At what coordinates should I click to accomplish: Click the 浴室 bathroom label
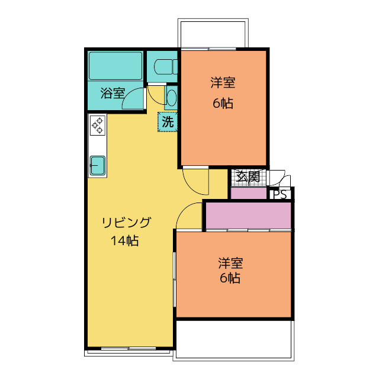click(112, 93)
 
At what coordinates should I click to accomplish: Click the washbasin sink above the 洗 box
click(171, 96)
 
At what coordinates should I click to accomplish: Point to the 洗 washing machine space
click(168, 123)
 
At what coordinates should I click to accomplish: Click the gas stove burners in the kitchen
click(97, 126)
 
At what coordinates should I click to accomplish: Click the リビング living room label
click(126, 223)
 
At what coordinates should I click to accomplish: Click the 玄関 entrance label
click(247, 176)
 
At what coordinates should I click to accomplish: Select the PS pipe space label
click(280, 194)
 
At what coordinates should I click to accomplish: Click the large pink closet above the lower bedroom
click(248, 214)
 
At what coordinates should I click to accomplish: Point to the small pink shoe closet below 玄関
click(248, 193)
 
